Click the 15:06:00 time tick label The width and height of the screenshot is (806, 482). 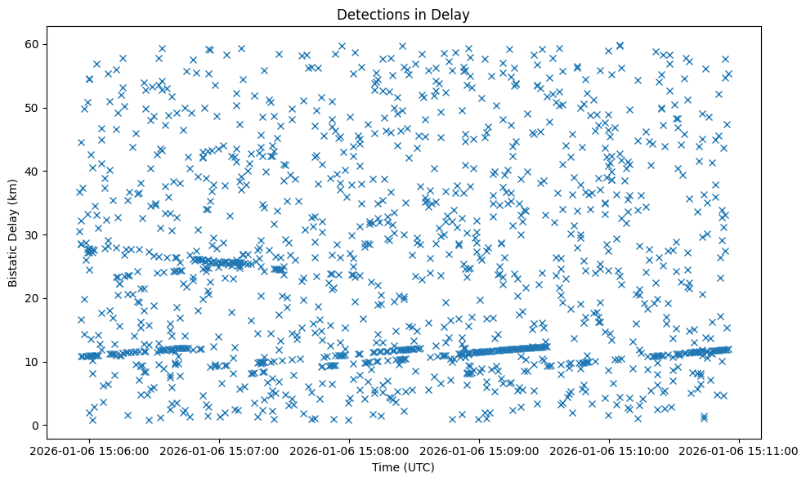(91, 450)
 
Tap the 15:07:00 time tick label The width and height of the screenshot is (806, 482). (220, 450)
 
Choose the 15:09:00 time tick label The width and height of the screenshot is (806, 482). (479, 450)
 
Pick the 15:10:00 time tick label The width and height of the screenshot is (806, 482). (609, 450)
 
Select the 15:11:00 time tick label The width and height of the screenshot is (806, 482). (738, 450)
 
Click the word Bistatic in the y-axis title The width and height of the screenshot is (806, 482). (13, 261)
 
